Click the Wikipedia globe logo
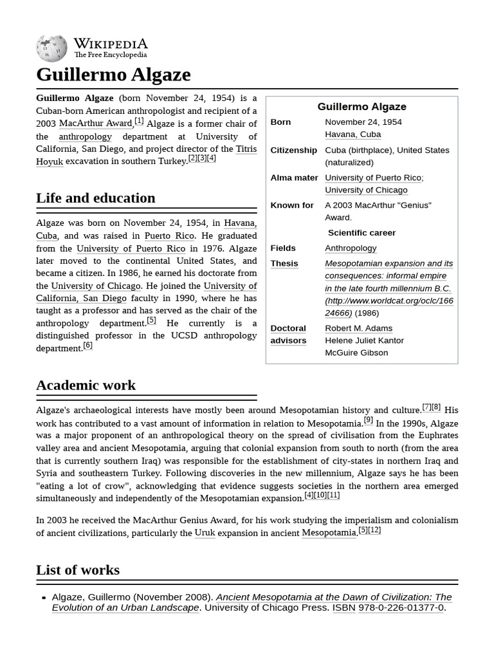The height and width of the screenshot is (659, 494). (51, 48)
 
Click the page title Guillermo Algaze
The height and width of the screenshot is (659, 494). (113, 75)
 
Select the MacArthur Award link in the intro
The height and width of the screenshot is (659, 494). (95, 124)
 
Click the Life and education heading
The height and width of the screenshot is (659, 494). (95, 198)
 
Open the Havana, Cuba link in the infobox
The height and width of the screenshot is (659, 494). (352, 135)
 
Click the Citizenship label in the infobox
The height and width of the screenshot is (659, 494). (293, 150)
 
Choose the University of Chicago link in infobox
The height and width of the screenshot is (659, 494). (366, 190)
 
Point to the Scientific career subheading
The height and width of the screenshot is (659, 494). (361, 233)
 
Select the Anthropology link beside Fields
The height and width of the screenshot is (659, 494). (351, 248)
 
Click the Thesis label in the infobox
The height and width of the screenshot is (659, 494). (284, 264)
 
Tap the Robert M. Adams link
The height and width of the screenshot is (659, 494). (358, 328)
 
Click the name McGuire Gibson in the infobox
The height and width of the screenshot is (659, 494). (356, 353)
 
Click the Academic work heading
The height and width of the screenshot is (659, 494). (86, 385)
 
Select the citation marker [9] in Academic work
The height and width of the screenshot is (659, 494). (368, 420)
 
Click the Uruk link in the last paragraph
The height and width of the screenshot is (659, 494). (205, 533)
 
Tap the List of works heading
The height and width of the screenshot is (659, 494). (78, 570)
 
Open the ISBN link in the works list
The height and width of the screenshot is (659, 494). (343, 608)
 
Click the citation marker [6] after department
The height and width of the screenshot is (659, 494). (87, 346)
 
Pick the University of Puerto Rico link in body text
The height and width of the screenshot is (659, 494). (131, 248)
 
